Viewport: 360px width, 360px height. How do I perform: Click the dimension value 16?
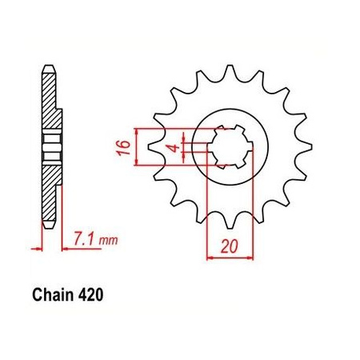[x=124, y=147]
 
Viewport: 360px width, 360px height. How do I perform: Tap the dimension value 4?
[x=174, y=147]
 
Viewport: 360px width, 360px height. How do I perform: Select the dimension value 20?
[x=229, y=247]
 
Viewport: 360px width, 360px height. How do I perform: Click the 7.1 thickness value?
[x=84, y=239]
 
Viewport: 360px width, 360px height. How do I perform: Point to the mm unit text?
[x=108, y=241]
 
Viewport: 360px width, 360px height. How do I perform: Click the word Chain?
[x=53, y=295]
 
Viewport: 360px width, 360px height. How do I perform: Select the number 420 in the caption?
[x=90, y=295]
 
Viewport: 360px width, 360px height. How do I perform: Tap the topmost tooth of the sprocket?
[x=230, y=71]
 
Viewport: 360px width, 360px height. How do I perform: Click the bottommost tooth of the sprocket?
[x=230, y=222]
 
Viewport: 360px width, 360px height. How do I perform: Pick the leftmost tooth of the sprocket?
[x=154, y=146]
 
